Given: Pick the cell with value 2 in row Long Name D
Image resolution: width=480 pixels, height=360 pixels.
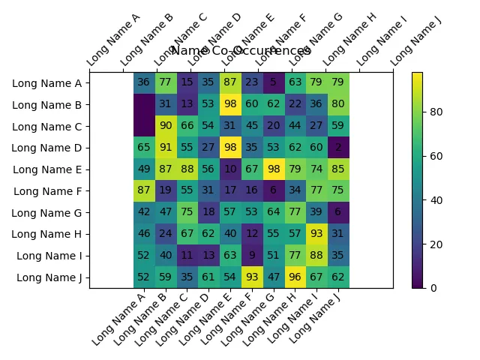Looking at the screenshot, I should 338,148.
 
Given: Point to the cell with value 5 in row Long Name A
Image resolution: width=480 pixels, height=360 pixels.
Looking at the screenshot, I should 273,82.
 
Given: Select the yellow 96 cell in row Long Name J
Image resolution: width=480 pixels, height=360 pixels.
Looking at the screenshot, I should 295,277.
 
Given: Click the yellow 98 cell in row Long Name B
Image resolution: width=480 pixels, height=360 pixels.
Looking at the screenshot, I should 229,104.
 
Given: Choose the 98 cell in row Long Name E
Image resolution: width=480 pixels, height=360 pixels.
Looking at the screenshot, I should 273,169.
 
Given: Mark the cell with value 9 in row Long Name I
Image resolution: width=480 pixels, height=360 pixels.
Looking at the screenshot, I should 251,256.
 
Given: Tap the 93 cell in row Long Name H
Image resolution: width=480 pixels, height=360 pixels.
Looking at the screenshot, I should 316,234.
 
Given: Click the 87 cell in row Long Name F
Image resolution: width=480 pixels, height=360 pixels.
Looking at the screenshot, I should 143,190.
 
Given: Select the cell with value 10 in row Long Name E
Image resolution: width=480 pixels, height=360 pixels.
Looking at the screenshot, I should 229,169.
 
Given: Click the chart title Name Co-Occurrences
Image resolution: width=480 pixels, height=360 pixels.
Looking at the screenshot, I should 241,51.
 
